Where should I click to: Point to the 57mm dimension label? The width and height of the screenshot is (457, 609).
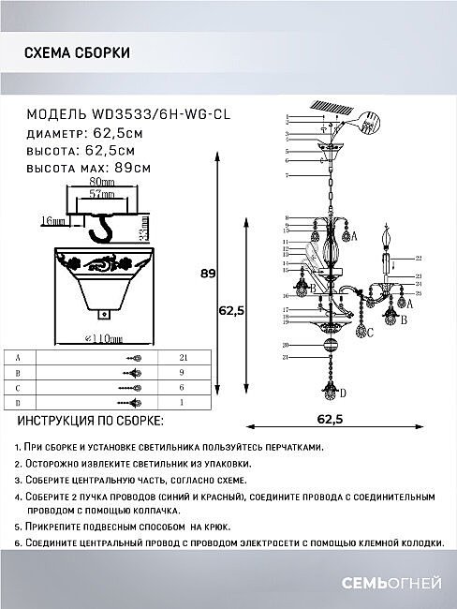click(x=89, y=194)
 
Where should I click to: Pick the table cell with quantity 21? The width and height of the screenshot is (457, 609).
click(x=183, y=358)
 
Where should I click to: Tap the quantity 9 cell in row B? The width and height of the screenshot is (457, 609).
click(x=183, y=373)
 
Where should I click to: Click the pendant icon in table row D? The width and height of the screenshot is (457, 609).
click(x=133, y=402)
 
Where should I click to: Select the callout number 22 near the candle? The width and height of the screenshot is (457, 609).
click(x=419, y=257)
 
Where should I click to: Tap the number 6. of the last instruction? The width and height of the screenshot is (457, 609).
click(x=19, y=543)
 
